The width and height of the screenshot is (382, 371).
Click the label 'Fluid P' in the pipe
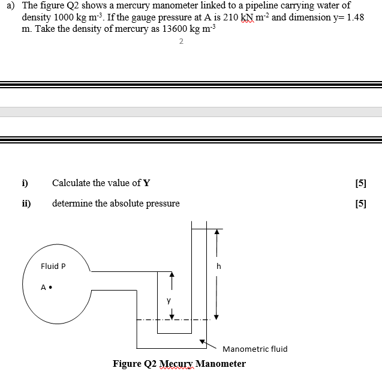[x=53, y=266]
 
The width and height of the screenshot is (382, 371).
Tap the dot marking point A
[x=50, y=287]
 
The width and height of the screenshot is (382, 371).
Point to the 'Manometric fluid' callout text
[x=254, y=349]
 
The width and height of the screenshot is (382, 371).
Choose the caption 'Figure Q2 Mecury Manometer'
[x=179, y=363]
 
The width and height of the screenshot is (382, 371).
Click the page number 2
[x=181, y=41]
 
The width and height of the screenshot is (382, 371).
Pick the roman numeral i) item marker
[x=26, y=183]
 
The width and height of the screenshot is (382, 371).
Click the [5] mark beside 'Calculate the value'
[x=360, y=183]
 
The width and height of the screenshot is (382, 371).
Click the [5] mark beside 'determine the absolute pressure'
[x=360, y=204]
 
